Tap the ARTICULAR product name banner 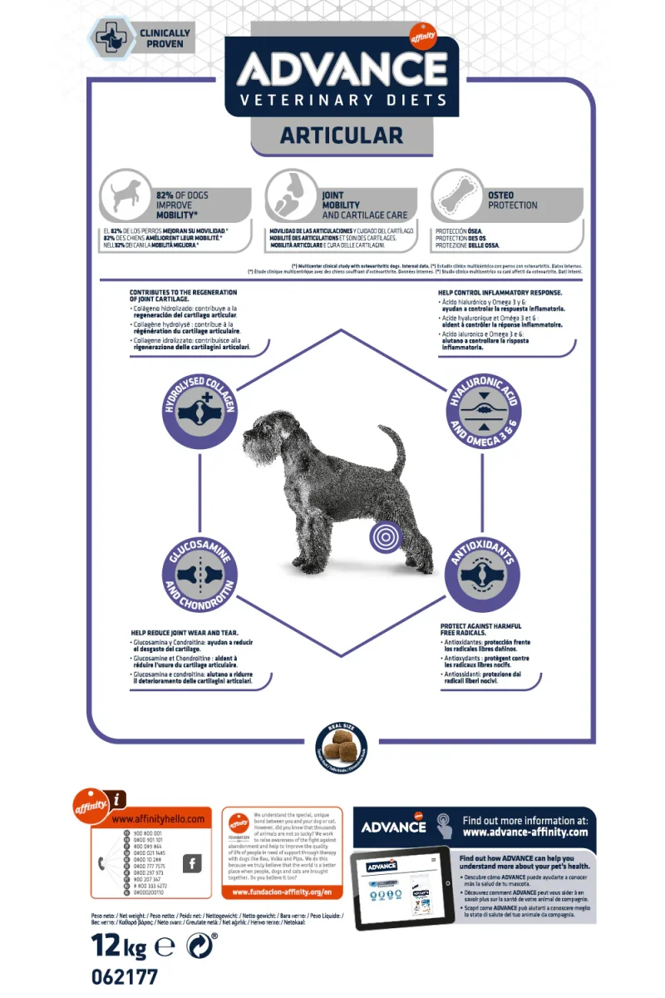[342, 136]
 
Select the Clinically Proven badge [141, 38]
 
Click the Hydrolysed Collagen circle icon [199, 405]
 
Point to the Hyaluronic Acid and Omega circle [483, 406]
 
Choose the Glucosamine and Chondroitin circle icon [199, 573]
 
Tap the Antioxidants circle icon [483, 574]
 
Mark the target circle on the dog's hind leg [385, 536]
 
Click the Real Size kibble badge [342, 746]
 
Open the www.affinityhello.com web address [158, 819]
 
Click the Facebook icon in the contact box [192, 864]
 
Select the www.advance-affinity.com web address [525, 832]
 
